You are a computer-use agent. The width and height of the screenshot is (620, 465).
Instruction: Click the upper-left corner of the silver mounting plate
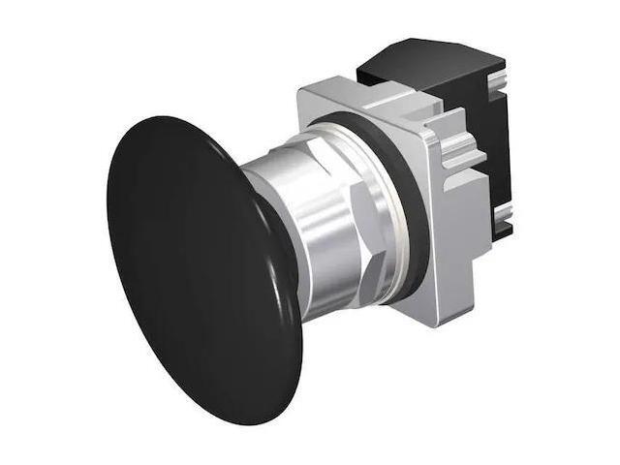point(301,90)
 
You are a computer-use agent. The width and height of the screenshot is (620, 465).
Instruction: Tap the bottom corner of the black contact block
point(500,238)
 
